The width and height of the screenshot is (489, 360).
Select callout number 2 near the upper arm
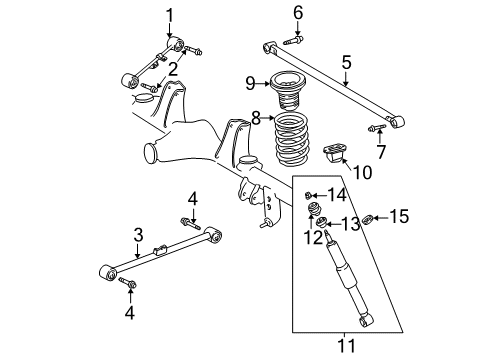171,68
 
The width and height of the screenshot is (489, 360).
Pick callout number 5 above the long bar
346,62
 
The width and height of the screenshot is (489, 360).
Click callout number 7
380,151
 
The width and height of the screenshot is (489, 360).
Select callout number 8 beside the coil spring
256,118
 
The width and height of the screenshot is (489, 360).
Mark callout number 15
398,215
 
